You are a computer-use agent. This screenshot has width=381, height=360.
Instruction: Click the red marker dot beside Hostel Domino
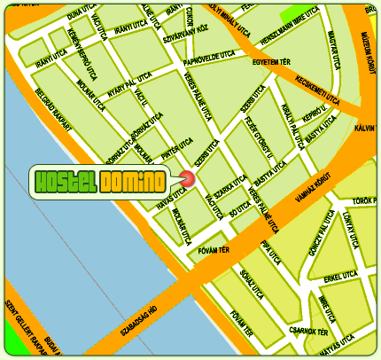pyautogui.click(x=187, y=179)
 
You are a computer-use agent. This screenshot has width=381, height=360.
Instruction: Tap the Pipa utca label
pyautogui.click(x=270, y=252)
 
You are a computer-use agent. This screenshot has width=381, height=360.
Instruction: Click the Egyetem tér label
pyautogui.click(x=270, y=63)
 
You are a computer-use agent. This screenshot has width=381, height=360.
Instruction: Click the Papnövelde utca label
pyautogui.click(x=207, y=55)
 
